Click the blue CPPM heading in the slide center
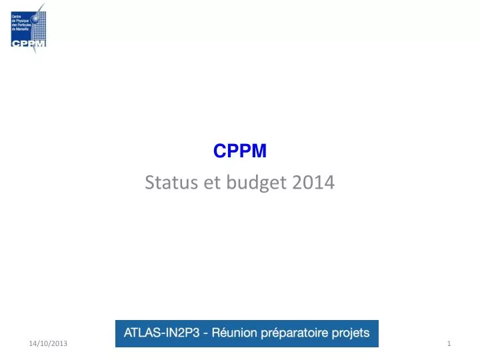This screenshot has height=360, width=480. click(240, 152)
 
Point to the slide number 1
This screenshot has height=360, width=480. click(450, 343)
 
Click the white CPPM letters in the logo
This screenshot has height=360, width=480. click(28, 44)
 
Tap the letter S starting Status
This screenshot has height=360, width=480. click(149, 183)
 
